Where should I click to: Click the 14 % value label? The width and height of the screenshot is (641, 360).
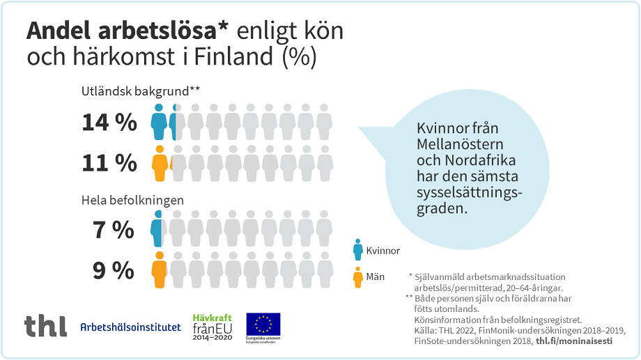coord(109,123)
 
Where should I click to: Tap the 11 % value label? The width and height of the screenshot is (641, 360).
coord(109,163)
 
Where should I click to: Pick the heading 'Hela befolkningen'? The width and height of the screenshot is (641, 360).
coord(132,201)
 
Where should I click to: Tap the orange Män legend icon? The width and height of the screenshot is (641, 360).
coord(358,277)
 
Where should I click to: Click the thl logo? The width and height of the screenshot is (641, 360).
coord(45,326)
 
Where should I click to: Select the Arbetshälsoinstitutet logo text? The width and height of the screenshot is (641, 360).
coord(130,327)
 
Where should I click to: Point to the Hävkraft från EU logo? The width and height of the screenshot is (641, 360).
coord(212,326)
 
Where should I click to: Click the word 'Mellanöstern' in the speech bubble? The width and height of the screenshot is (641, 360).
coord(452,145)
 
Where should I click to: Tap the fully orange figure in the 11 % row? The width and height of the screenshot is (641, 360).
coord(160,164)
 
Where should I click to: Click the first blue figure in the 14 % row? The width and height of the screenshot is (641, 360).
coord(159,123)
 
